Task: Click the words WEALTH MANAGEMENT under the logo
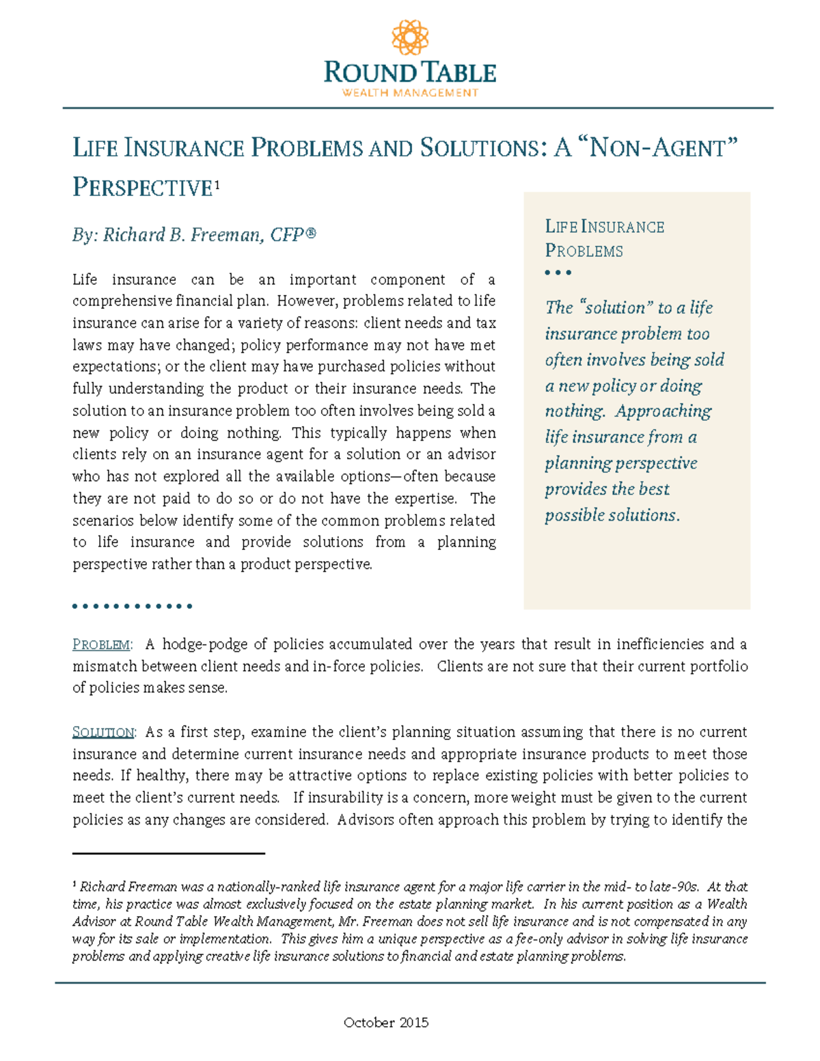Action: (x=410, y=93)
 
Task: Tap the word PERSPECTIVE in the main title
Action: (x=142, y=188)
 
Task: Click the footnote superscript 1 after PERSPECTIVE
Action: (x=217, y=184)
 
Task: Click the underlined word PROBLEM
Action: (x=101, y=645)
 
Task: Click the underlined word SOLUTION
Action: (x=103, y=732)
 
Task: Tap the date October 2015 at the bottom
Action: (x=386, y=1023)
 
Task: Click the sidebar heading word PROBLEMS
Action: (x=584, y=251)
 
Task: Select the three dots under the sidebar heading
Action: (x=558, y=273)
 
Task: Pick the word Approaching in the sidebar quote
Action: (x=663, y=411)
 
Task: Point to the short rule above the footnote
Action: (x=168, y=853)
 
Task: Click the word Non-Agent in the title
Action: (x=660, y=148)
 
